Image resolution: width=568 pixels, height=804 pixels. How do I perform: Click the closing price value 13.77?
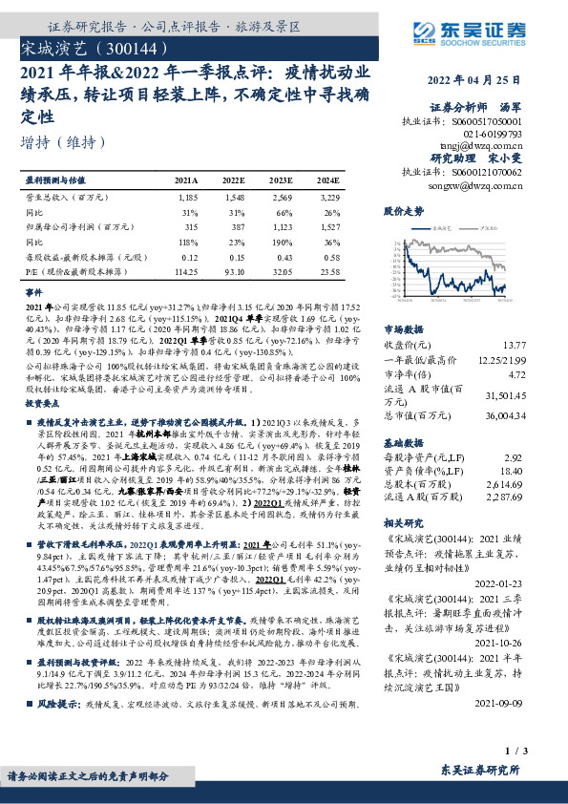click(514, 343)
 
